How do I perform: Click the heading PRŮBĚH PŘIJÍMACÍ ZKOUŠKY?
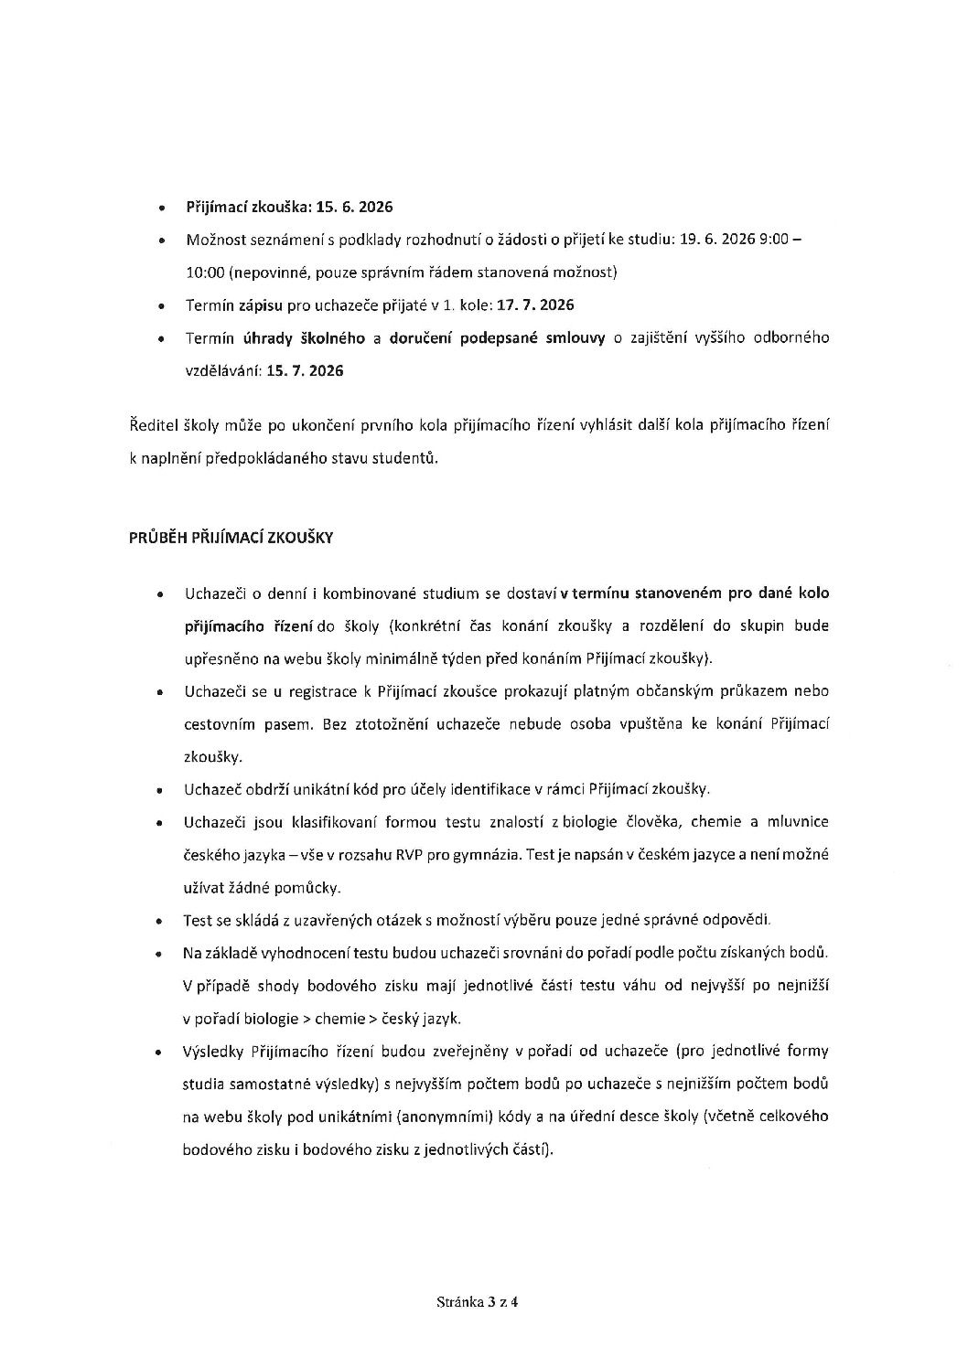tap(231, 538)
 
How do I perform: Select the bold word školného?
tap(333, 337)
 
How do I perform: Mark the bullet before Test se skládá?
tap(161, 921)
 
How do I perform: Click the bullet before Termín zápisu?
tap(161, 305)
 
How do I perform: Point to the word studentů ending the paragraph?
tap(406, 458)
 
